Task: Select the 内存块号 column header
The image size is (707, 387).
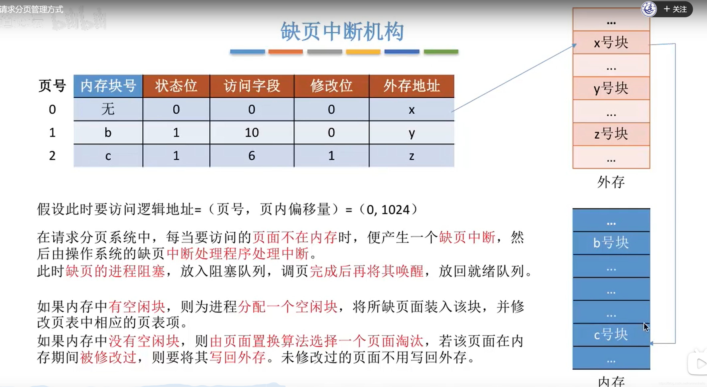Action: pyautogui.click(x=108, y=86)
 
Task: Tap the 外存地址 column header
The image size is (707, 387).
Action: pyautogui.click(x=411, y=86)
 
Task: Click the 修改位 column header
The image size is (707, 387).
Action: pyautogui.click(x=331, y=86)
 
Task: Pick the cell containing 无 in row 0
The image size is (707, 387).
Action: pyautogui.click(x=108, y=109)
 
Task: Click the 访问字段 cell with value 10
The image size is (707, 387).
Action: pyautogui.click(x=252, y=132)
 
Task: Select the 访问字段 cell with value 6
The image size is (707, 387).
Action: pyautogui.click(x=252, y=156)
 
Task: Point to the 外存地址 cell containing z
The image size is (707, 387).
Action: pyautogui.click(x=411, y=156)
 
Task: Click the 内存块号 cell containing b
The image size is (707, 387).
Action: pyautogui.click(x=108, y=132)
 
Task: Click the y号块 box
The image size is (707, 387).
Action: pyautogui.click(x=611, y=88)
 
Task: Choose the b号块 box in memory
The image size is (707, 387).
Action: pyautogui.click(x=611, y=243)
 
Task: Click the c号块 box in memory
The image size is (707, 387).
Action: pyautogui.click(x=611, y=334)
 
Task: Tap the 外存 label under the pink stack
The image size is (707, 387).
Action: pyautogui.click(x=611, y=182)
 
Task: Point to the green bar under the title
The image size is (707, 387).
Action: pyautogui.click(x=441, y=52)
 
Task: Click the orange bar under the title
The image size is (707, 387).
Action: pyautogui.click(x=285, y=52)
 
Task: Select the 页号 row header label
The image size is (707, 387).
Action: pyautogui.click(x=52, y=86)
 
